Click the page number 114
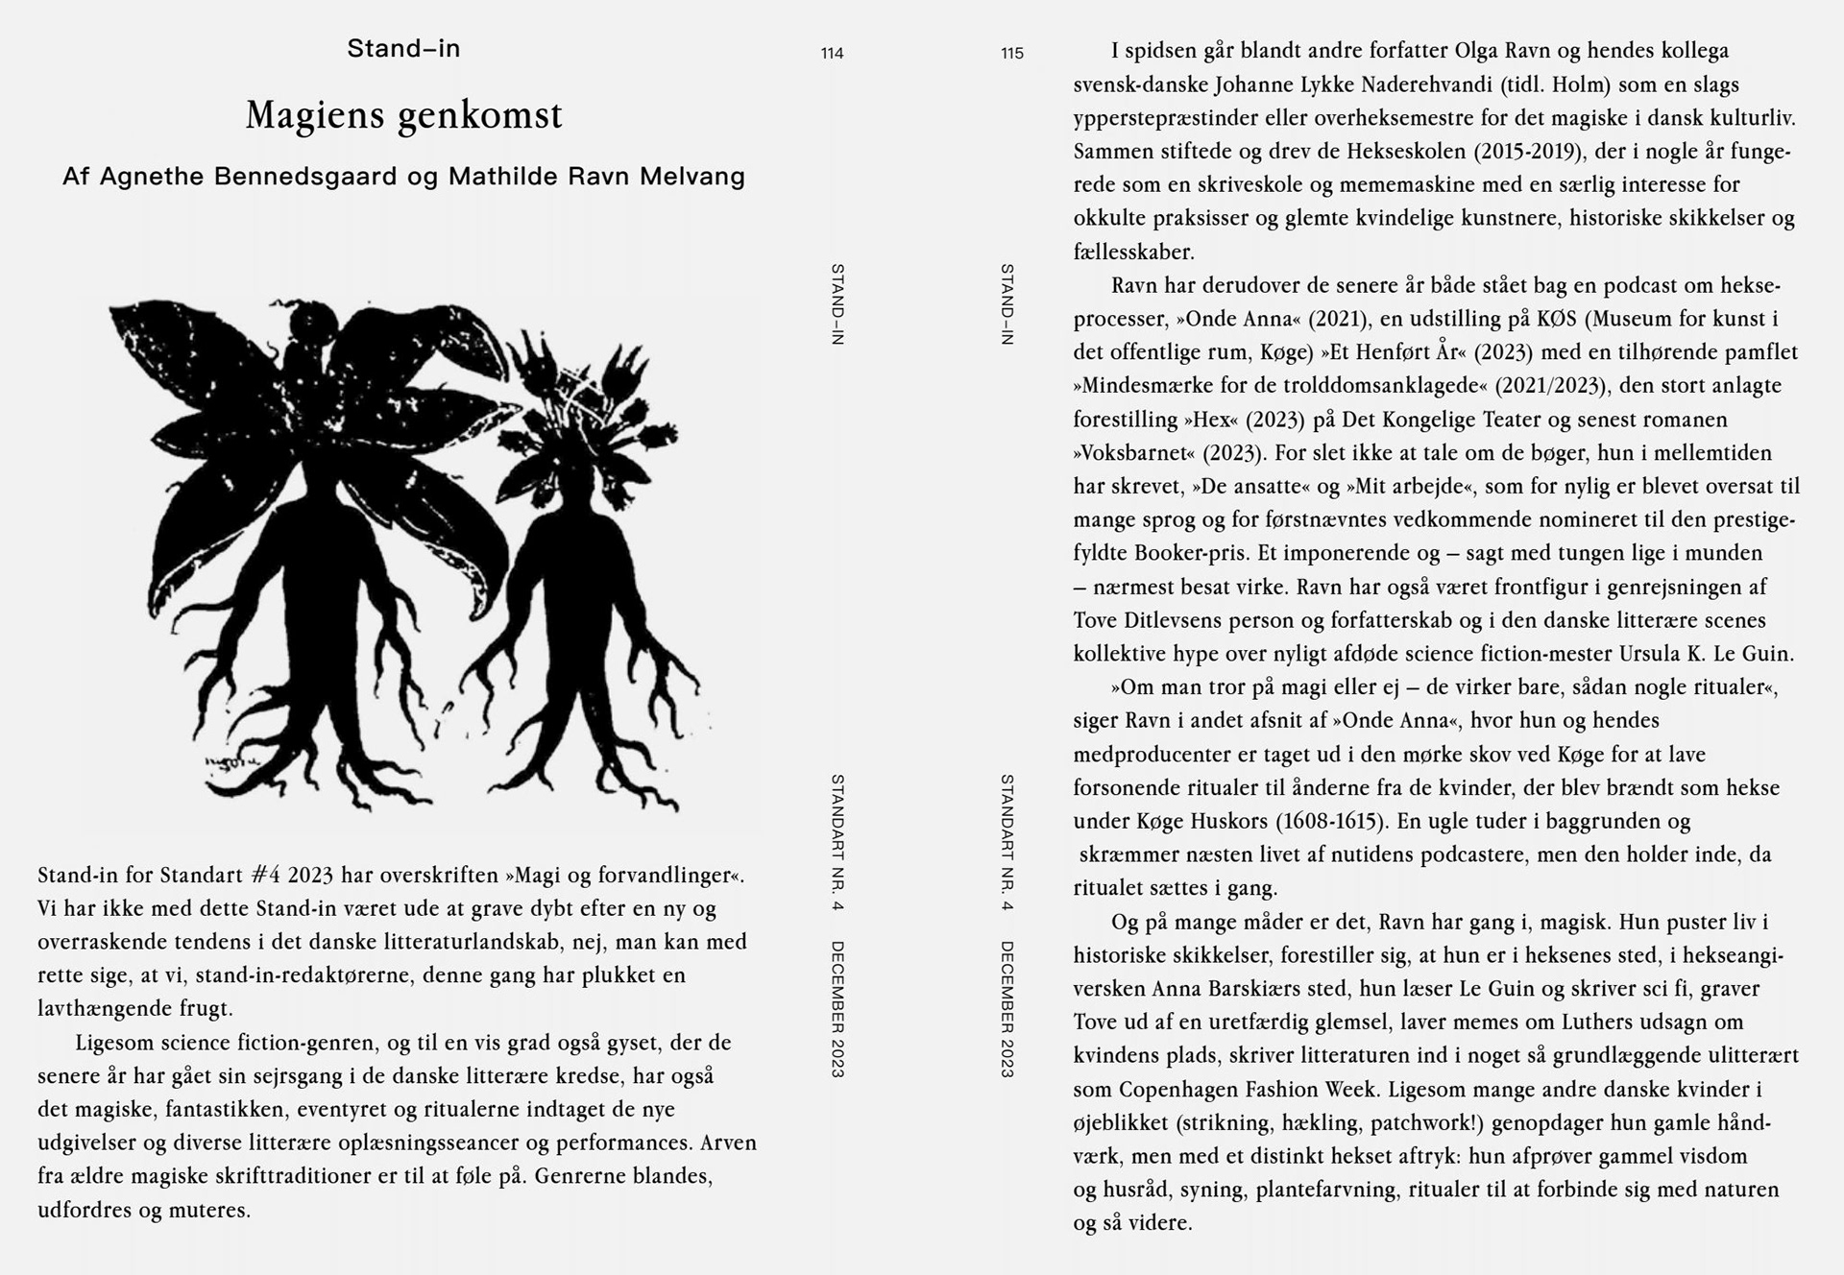(832, 54)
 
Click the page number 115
(1012, 54)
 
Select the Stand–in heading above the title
(403, 48)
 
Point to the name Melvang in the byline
(694, 177)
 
